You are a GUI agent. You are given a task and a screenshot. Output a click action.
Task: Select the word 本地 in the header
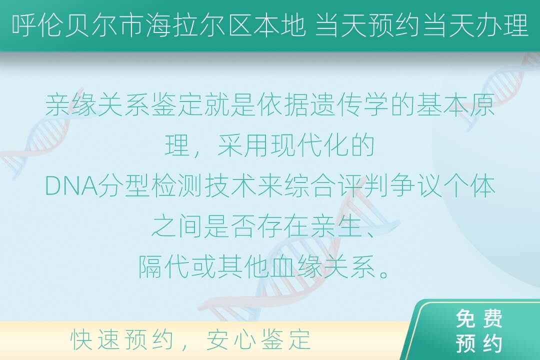(279, 25)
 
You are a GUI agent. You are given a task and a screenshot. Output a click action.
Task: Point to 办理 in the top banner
(502, 25)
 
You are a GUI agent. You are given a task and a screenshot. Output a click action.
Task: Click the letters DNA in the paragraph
(71, 186)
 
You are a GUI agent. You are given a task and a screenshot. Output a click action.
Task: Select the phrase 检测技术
(204, 186)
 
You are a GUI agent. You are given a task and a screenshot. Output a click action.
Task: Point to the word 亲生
(336, 226)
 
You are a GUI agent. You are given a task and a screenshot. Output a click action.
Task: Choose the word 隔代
(164, 267)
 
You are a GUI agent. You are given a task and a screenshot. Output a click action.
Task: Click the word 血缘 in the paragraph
(296, 267)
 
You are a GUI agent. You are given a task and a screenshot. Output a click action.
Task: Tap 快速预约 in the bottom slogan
(122, 339)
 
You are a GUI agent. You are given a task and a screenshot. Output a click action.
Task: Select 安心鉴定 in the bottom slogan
(258, 339)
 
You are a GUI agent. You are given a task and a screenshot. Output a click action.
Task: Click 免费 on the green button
(479, 318)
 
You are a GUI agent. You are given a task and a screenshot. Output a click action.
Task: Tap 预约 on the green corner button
(479, 343)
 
